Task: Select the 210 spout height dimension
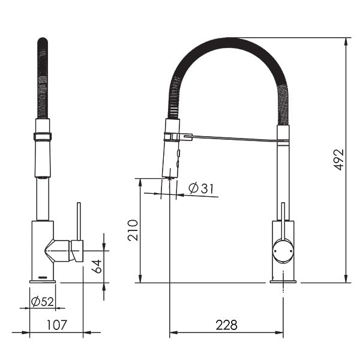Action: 133,230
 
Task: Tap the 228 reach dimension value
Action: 226,325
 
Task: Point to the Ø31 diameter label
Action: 201,188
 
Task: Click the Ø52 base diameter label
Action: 42,301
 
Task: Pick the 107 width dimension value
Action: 56,325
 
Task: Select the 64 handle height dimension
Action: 97,266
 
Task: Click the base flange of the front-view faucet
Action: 43,279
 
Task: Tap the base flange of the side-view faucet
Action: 283,279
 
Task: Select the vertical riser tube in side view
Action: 283,180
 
